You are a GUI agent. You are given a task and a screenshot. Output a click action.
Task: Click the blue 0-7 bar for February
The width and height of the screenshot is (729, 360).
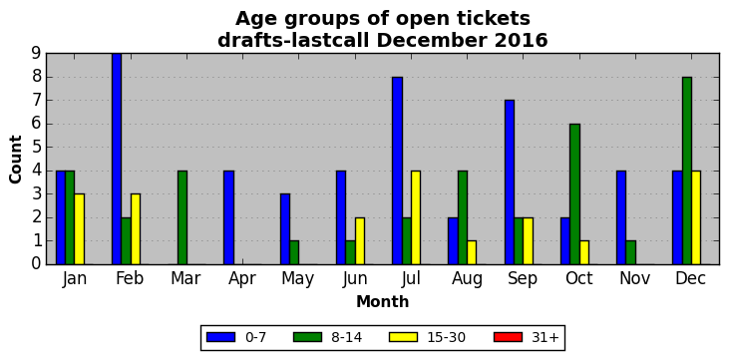point(117,159)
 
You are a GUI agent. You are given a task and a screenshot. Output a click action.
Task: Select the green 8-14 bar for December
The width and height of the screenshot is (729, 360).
point(687,171)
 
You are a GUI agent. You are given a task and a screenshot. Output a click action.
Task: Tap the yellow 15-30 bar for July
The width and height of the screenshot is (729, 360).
point(416,217)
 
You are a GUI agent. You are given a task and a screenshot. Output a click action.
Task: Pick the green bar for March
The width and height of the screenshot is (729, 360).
point(182,217)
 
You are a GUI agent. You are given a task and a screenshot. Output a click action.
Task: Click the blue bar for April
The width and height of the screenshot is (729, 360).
point(228,217)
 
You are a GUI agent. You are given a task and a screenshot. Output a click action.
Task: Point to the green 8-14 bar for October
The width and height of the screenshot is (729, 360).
point(574,193)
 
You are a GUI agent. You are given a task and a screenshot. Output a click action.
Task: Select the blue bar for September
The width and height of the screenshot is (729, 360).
point(509,182)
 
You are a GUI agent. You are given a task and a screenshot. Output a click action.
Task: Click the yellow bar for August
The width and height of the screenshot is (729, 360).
point(472,252)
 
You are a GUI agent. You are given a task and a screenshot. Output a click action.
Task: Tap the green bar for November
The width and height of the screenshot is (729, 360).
point(631,252)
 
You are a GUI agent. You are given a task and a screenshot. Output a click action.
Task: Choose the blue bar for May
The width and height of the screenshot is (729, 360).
point(285,229)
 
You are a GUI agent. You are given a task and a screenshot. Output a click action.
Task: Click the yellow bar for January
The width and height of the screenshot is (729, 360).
point(80,229)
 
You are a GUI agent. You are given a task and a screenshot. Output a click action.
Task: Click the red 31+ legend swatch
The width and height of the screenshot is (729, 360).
point(508,337)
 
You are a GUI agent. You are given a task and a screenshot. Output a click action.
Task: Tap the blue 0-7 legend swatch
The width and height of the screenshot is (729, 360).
point(220,337)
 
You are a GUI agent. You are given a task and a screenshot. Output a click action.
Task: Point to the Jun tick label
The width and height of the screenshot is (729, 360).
point(355,279)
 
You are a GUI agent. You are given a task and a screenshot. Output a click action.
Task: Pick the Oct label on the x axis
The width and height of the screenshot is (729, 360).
point(579,278)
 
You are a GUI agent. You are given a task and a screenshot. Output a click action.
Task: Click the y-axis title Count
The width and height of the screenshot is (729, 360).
point(15,160)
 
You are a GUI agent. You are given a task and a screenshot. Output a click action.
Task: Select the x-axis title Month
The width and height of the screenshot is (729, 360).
point(383,302)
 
